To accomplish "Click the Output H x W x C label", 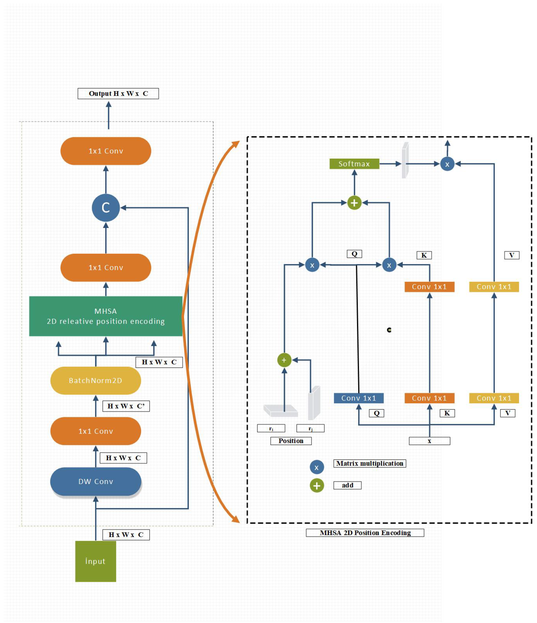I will (x=118, y=93).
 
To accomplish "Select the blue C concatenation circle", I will (x=106, y=207).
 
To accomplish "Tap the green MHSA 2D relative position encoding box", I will (x=106, y=316).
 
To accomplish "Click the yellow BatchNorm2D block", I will (x=95, y=380).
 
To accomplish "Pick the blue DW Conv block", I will (x=95, y=481).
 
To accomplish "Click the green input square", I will (x=95, y=561).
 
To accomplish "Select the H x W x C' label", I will (x=126, y=406).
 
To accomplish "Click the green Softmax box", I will (x=354, y=164).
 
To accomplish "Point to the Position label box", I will (x=291, y=441).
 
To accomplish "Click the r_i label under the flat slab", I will (x=271, y=428).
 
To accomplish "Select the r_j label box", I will (x=310, y=428).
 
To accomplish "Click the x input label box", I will (x=429, y=441).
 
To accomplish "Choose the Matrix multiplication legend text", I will (x=369, y=463).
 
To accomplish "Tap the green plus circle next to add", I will (x=317, y=485).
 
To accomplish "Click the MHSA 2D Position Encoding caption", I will (x=365, y=532).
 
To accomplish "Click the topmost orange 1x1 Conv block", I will (x=106, y=151).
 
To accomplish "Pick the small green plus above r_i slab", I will (x=284, y=360).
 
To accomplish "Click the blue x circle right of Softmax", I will (x=447, y=164).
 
